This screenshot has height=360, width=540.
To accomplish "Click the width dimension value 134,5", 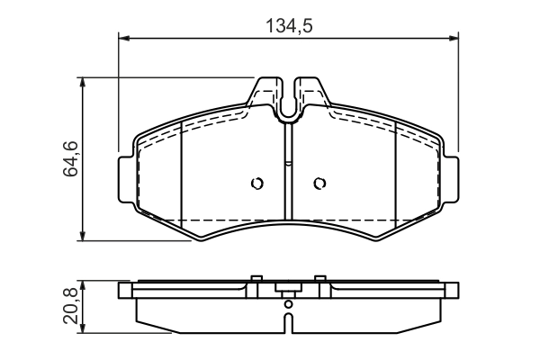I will pos(288,26).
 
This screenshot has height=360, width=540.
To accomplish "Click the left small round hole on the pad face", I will pos(256,184).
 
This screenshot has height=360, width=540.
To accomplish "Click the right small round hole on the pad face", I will pos(319,184).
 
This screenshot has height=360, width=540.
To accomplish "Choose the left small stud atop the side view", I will pos(256,279).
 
